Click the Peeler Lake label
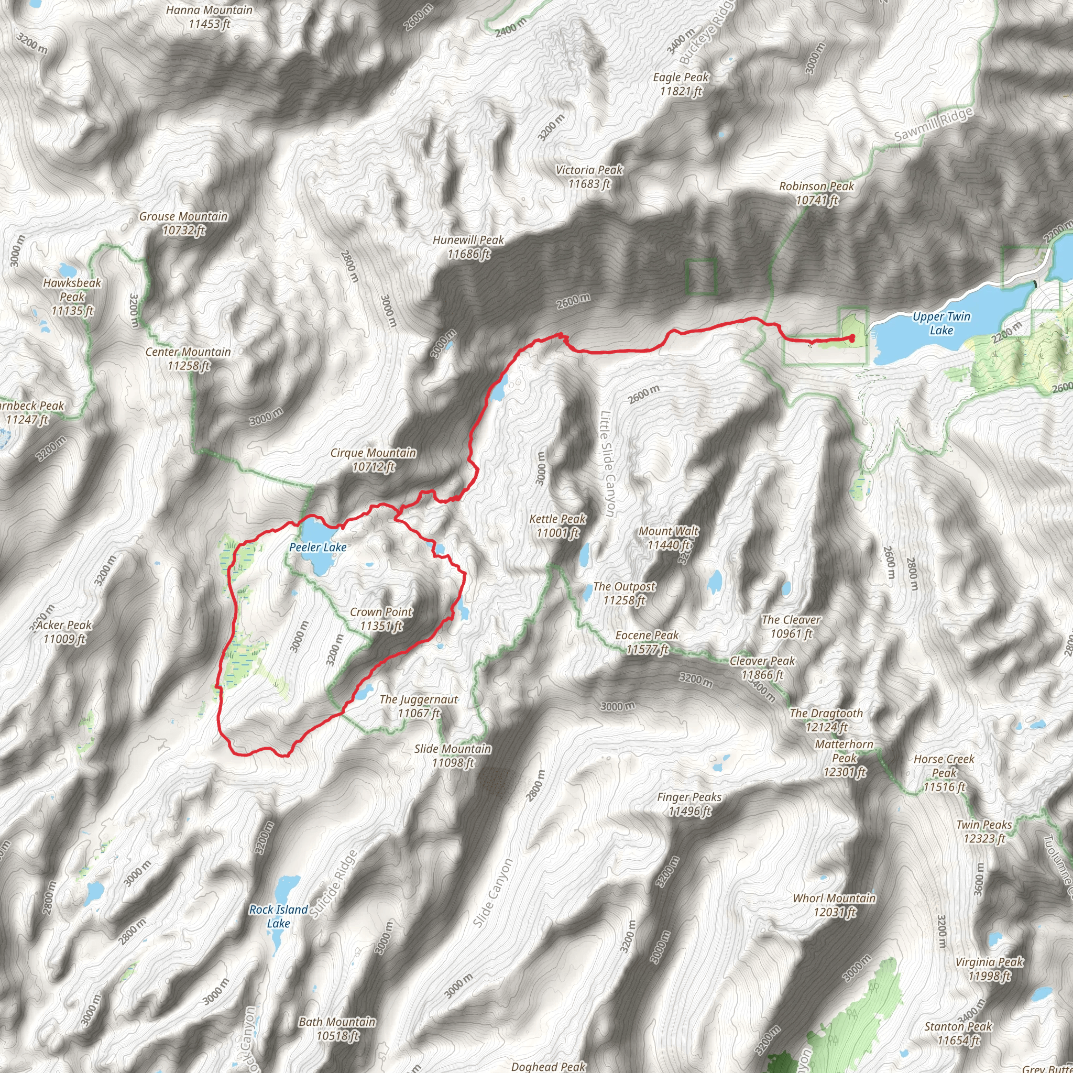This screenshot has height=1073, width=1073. pyautogui.click(x=317, y=547)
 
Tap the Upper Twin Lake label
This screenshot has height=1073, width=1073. pyautogui.click(x=941, y=323)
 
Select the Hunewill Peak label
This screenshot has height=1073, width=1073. pyautogui.click(x=468, y=247)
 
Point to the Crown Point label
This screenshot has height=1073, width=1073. pyautogui.click(x=381, y=619)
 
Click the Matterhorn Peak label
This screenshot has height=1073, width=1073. pyautogui.click(x=844, y=758)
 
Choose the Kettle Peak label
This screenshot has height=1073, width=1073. pyautogui.click(x=557, y=526)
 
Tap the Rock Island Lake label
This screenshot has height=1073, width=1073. pyautogui.click(x=278, y=916)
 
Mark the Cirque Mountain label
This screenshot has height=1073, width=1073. pyautogui.click(x=373, y=460)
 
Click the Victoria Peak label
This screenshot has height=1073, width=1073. pyautogui.click(x=589, y=177)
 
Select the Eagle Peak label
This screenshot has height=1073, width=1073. pyautogui.click(x=681, y=84)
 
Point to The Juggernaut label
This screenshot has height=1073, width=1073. pyautogui.click(x=419, y=706)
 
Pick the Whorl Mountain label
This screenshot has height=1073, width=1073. pyautogui.click(x=834, y=905)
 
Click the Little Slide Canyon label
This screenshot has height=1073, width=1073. pyautogui.click(x=608, y=464)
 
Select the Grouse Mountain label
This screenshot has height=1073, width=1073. pyautogui.click(x=183, y=223)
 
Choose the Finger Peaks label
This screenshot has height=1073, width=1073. pyautogui.click(x=689, y=804)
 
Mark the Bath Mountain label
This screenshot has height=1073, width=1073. pyautogui.click(x=337, y=1028)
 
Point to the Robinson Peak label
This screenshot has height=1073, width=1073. pyautogui.click(x=816, y=193)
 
